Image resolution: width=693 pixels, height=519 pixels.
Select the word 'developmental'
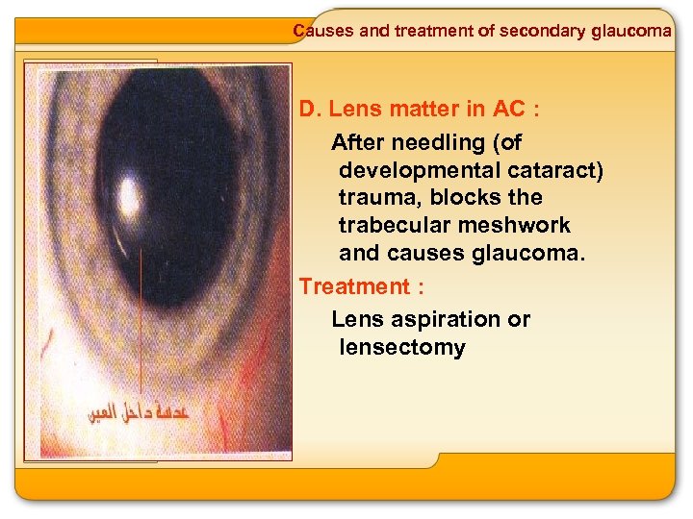click(417, 171)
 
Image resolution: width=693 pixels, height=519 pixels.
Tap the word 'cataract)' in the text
click(552, 171)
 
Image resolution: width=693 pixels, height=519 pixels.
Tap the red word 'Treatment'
click(354, 286)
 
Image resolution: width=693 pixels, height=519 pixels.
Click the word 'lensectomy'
click(401, 347)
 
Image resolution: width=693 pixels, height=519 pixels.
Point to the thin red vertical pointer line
click(141, 317)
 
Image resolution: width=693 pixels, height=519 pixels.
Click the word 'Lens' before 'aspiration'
click(354, 319)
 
